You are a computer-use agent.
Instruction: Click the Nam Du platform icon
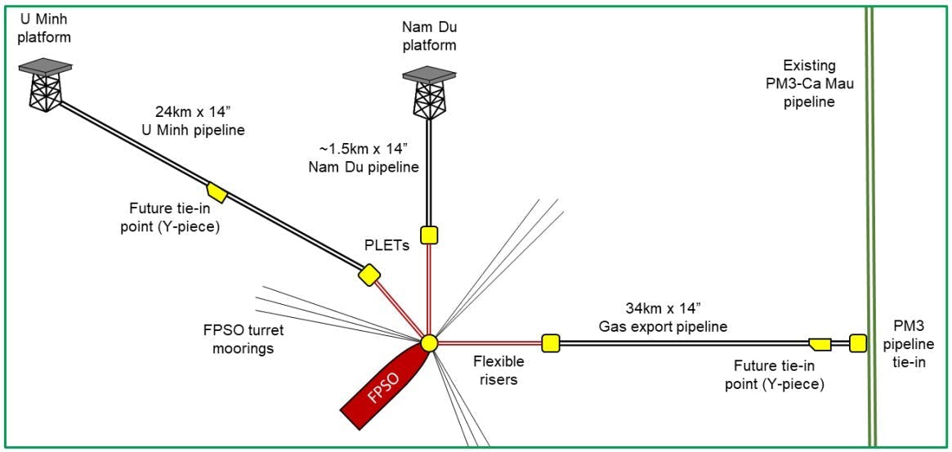[427, 94]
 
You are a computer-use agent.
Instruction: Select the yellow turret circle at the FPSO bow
[430, 343]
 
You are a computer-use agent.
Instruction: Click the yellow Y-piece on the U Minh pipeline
[217, 193]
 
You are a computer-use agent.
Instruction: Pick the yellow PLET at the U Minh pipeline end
[369, 275]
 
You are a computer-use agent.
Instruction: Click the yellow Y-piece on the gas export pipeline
[820, 343]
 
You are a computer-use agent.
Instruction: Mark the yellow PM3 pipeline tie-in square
[857, 342]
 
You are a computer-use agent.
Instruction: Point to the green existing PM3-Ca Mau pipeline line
[871, 204]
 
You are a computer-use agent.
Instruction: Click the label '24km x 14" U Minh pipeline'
[199, 120]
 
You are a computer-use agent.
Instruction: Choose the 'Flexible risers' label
[498, 370]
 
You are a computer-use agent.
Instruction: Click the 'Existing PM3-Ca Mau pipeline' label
[809, 84]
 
